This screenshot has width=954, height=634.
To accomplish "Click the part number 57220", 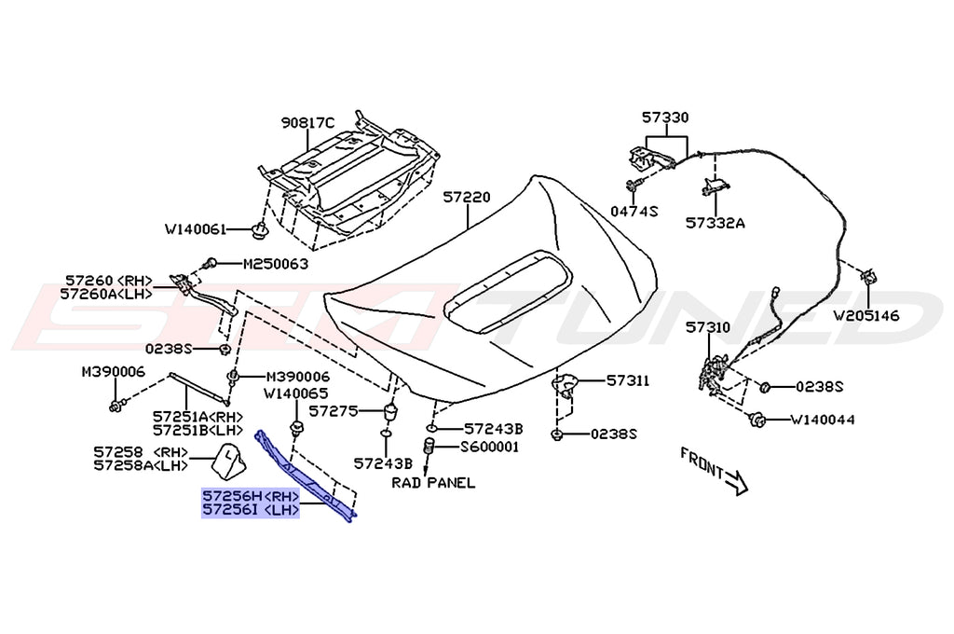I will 466,199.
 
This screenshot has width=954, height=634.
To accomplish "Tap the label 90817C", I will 307,123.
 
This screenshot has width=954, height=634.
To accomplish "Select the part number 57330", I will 664,118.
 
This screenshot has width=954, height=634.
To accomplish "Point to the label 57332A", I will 715,224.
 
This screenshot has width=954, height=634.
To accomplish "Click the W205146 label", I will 866,315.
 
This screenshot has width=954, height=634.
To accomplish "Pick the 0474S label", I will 634,212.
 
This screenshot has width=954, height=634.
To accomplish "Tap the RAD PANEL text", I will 433,483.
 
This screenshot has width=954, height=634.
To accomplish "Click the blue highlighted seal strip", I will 307,475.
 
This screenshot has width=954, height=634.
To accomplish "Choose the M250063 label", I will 275,265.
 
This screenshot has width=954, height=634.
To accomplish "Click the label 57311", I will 628,381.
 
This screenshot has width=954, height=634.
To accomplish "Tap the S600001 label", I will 491,447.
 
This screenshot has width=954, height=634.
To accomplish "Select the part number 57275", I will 334,410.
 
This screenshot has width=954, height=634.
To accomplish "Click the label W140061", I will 197,228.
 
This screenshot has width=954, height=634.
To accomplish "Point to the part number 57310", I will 709,328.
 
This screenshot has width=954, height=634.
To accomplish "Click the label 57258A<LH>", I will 140,466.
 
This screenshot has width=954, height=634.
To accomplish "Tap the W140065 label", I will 295,393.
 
